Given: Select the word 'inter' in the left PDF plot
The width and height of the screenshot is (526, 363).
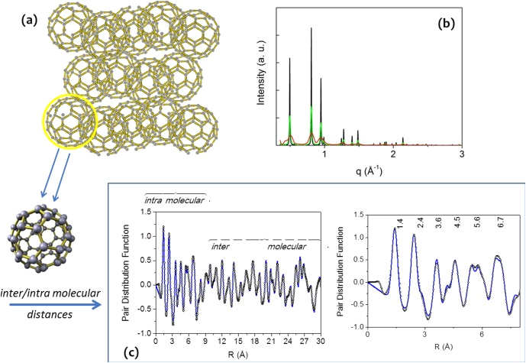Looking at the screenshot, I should (221, 246).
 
